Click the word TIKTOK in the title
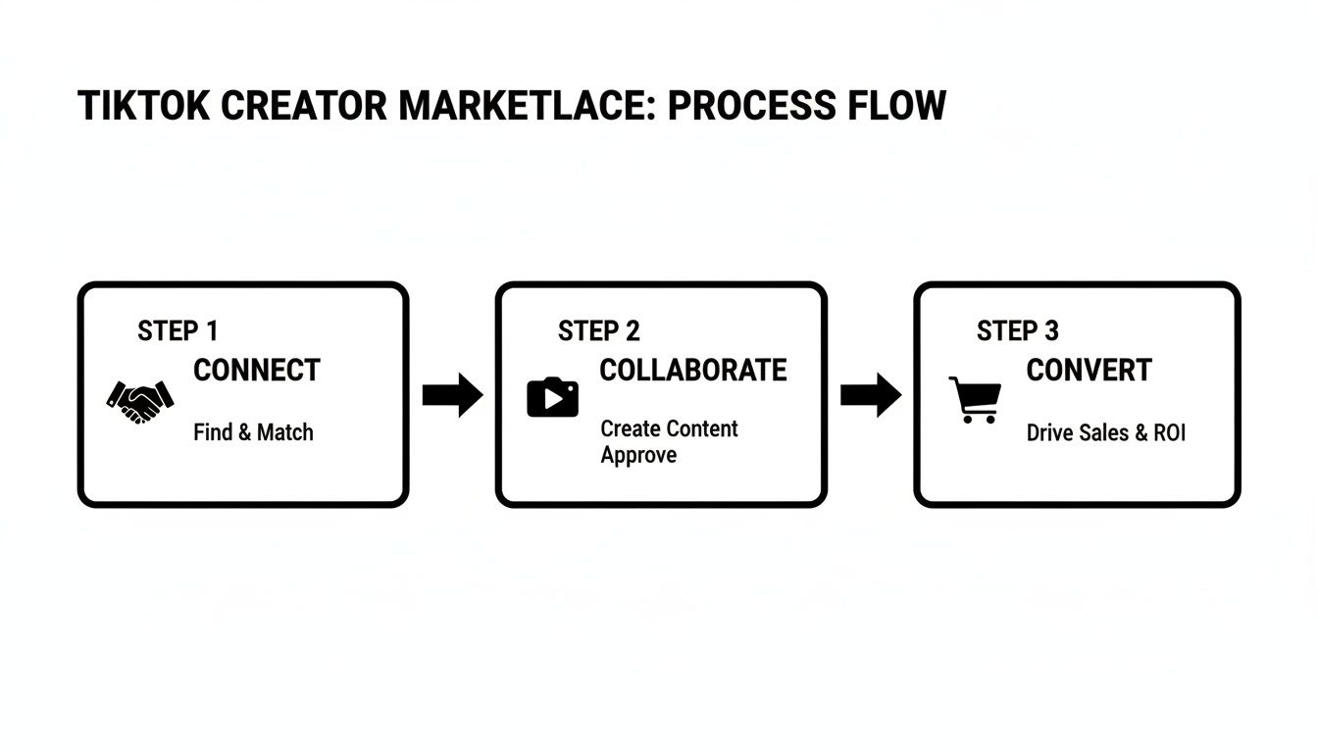click(x=143, y=106)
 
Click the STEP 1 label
click(x=177, y=331)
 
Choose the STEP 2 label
click(x=598, y=331)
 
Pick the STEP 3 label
click(x=1017, y=331)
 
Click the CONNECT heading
click(x=257, y=371)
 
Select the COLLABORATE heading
click(x=692, y=371)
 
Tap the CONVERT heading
click(x=1089, y=371)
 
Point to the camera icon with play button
click(x=552, y=397)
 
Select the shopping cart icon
click(x=975, y=399)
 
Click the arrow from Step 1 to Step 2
click(x=452, y=395)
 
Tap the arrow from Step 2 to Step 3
click(x=871, y=395)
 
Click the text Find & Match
click(x=253, y=432)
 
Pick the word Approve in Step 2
click(x=638, y=455)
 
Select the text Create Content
click(x=669, y=428)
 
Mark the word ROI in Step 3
click(x=1169, y=432)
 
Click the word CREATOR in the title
click(x=303, y=106)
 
